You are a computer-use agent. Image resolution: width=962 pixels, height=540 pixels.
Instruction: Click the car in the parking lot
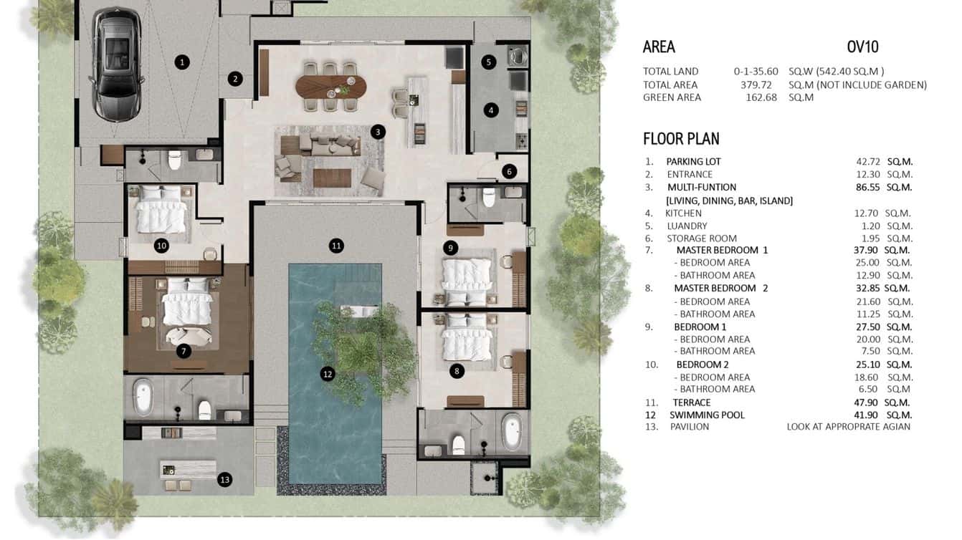(116, 65)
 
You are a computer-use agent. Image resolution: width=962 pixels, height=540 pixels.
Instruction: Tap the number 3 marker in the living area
(378, 132)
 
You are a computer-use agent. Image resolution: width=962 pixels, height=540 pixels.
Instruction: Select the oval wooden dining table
(331, 87)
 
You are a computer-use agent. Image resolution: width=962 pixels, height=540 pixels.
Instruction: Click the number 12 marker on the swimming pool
(328, 374)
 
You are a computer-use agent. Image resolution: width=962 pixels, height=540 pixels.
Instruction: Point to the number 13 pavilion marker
(224, 480)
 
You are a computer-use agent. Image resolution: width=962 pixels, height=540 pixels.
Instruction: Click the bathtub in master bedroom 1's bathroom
(143, 397)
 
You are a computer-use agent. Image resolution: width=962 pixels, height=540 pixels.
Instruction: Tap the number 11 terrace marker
(336, 246)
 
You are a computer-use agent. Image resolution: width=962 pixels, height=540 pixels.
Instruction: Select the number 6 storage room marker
(510, 172)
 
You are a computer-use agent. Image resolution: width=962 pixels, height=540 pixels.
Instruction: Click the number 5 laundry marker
(488, 62)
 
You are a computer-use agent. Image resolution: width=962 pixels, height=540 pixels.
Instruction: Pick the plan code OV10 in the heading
(862, 47)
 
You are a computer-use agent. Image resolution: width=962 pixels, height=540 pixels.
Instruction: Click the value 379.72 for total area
(756, 85)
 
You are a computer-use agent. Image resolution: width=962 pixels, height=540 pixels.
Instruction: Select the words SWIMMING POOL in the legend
(707, 415)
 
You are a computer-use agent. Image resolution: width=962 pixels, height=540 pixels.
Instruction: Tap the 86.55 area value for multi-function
(867, 188)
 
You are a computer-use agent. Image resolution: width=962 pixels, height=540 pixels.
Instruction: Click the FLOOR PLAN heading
(681, 138)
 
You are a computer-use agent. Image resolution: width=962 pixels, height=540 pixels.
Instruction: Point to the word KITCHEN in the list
(683, 213)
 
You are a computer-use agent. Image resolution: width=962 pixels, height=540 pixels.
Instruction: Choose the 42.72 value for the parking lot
(868, 162)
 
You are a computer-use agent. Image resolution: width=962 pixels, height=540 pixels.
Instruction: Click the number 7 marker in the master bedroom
(184, 351)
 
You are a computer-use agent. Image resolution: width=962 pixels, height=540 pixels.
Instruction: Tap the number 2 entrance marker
(235, 79)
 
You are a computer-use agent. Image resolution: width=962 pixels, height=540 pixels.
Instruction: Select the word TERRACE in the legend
(692, 402)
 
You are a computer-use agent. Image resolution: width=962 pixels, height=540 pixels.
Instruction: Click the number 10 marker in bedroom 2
(161, 246)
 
